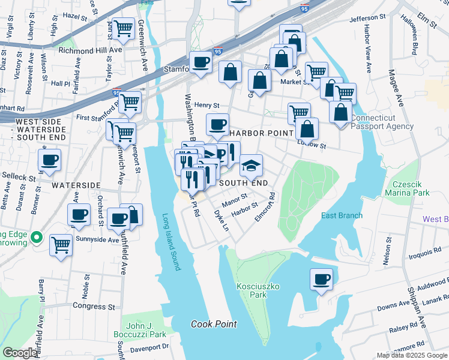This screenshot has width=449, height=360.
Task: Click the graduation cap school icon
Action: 251,164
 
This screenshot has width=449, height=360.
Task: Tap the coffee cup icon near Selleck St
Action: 49,159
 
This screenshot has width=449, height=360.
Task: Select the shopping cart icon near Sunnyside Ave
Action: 61,244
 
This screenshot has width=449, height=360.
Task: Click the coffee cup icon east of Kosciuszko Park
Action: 322,279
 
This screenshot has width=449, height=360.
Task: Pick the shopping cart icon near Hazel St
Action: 123,28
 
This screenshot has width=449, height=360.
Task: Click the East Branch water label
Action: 342,216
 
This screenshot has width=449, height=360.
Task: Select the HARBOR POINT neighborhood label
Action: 261,132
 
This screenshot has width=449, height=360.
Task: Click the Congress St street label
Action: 93,307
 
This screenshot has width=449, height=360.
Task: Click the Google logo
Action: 20,353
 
